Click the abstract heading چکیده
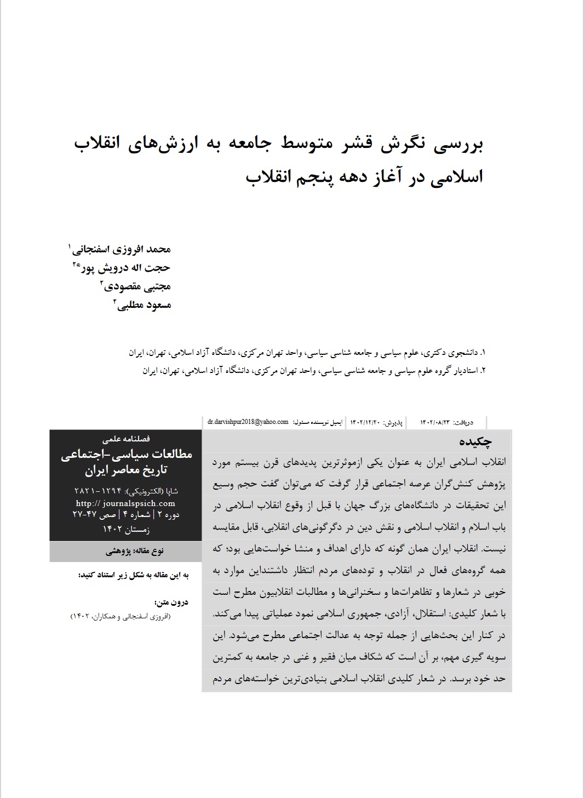click(x=475, y=442)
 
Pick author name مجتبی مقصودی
click(x=137, y=286)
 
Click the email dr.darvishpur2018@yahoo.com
click(x=248, y=422)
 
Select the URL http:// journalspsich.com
click(x=125, y=503)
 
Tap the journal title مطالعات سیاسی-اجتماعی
click(x=126, y=454)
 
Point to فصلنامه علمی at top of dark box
click(x=126, y=439)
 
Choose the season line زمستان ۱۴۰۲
click(x=126, y=530)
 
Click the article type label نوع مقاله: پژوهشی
click(x=134, y=552)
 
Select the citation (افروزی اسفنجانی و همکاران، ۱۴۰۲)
click(x=121, y=617)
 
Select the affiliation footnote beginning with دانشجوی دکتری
click(x=307, y=352)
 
